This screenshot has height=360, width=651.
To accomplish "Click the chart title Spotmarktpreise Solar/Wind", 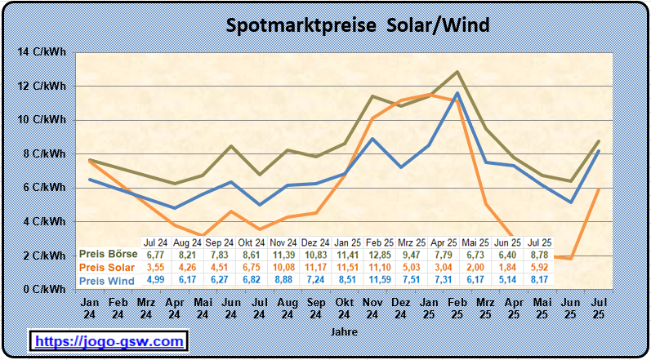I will pos(357,25).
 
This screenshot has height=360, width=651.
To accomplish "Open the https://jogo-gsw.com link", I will pos(109,340).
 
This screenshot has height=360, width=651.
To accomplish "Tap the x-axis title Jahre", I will pos(344,332).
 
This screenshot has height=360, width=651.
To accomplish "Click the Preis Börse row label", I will pos(109,254).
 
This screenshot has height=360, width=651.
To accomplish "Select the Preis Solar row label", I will pos(109,266).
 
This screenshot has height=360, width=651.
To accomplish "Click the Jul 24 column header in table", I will pos(157,242).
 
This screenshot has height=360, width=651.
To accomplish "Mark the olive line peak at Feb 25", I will pos(457,72).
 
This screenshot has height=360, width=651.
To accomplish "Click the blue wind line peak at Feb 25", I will pos(457,93).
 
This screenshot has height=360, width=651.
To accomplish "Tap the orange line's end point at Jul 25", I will pos(600,189).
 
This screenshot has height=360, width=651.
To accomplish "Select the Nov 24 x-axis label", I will pos(372,309).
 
